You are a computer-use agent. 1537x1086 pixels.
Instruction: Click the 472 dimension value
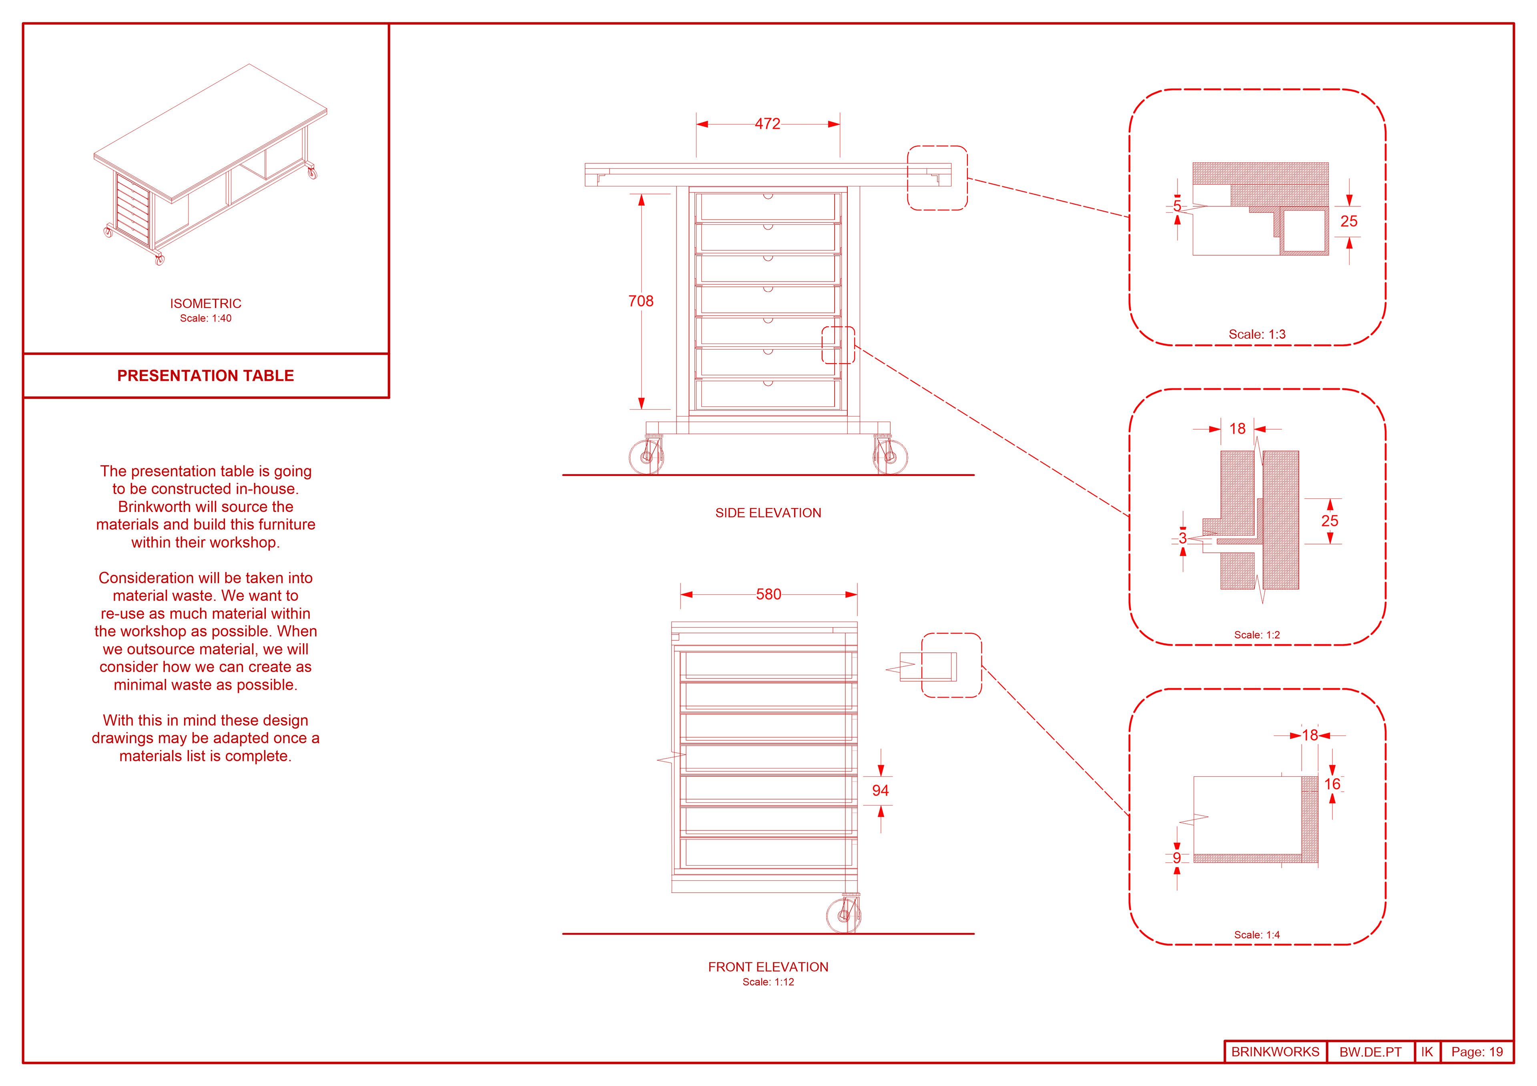point(767,124)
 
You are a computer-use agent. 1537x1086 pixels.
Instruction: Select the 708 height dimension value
point(641,301)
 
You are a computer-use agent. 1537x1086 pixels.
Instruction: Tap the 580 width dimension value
point(768,594)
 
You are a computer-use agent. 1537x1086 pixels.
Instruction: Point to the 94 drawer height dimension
point(880,790)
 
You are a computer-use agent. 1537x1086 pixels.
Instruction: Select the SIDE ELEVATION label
point(768,513)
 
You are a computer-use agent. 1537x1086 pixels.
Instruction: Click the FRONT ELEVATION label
point(768,967)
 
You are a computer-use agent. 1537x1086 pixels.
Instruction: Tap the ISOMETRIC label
point(205,304)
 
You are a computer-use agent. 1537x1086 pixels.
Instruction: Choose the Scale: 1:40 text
point(205,318)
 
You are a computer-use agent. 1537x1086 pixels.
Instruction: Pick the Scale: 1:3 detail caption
point(1256,334)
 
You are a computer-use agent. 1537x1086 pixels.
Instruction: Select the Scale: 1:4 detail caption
point(1256,935)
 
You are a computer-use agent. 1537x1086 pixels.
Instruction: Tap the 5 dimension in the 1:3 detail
point(1177,206)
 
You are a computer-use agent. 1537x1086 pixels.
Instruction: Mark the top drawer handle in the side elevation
point(768,196)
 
